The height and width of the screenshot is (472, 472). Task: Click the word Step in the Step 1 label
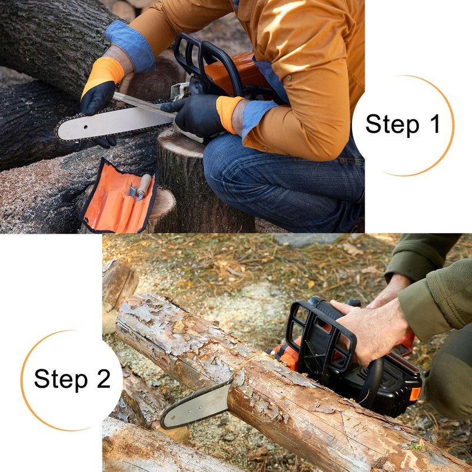tap(390, 124)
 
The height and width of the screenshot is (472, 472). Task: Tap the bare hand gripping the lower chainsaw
tap(372, 330)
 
